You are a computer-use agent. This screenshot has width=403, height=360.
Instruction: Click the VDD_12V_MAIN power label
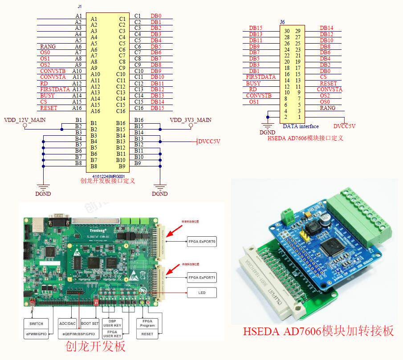tap(24, 120)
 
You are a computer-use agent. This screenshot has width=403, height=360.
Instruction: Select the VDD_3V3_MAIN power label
tap(191, 120)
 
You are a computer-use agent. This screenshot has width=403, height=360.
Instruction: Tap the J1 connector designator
tap(80, 7)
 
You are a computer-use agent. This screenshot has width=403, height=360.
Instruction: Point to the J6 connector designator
tap(282, 22)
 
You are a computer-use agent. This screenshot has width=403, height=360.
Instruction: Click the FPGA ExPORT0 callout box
tap(201, 242)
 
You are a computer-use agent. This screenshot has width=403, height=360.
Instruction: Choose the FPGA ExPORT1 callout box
tap(201, 278)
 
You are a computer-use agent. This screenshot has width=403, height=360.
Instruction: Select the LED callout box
tap(201, 292)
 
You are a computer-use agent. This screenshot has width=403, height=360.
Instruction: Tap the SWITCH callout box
tap(36, 324)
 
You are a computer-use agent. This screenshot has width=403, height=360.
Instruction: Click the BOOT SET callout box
tap(90, 324)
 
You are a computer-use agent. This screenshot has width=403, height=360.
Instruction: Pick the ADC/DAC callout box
tap(68, 324)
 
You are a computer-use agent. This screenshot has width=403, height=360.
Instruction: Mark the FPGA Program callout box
tap(147, 323)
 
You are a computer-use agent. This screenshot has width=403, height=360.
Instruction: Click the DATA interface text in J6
tap(301, 126)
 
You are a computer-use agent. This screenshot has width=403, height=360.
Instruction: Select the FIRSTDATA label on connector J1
tap(55, 89)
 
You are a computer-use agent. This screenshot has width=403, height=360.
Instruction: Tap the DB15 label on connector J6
tap(256, 28)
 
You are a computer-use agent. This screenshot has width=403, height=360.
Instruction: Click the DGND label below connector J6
tap(267, 132)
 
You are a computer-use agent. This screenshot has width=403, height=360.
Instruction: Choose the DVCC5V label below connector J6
tap(344, 126)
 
